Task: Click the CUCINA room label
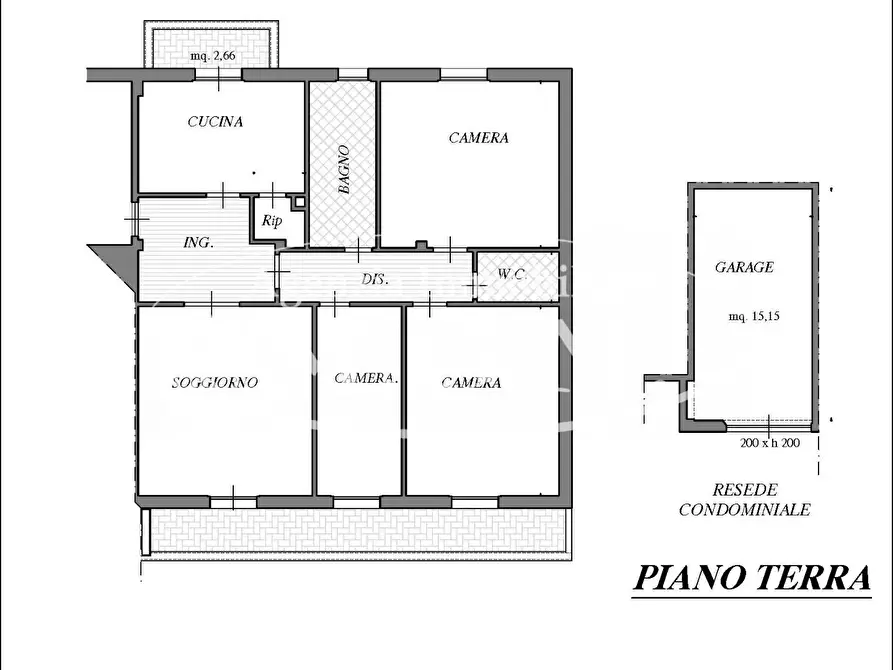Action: click(x=215, y=121)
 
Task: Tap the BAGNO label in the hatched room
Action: click(x=343, y=170)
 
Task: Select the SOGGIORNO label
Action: click(x=215, y=382)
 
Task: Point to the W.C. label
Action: click(x=512, y=274)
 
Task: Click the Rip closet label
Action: click(x=272, y=220)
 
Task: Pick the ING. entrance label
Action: click(x=199, y=242)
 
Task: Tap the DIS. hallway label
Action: click(x=375, y=279)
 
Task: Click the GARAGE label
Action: click(x=744, y=267)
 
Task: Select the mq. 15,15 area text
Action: click(x=754, y=316)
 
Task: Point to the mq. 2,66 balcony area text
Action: click(x=212, y=56)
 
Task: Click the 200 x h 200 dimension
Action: click(x=770, y=442)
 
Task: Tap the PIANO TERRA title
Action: click(x=752, y=577)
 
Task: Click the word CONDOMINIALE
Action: click(x=744, y=509)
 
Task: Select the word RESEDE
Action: click(x=745, y=489)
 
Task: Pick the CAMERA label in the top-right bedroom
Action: click(x=478, y=138)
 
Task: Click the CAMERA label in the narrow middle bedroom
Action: click(x=365, y=378)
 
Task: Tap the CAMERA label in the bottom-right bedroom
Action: click(x=471, y=382)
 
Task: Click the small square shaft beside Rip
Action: click(x=300, y=202)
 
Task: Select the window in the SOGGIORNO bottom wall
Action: click(x=234, y=502)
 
